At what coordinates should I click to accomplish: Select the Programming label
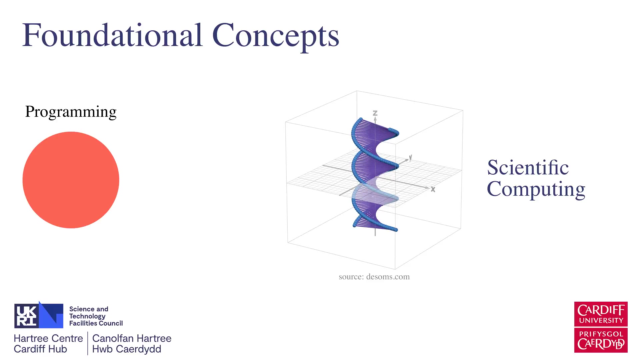71,112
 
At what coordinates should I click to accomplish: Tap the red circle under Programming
71,180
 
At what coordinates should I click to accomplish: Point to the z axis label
375,113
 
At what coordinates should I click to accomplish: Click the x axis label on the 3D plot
433,189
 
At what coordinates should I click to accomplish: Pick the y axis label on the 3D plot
411,157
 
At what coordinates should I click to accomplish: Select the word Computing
536,189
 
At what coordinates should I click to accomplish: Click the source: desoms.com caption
374,277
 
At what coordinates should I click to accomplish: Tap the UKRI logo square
39,315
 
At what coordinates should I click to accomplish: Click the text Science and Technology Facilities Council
96,316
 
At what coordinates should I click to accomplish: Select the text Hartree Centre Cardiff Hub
48,344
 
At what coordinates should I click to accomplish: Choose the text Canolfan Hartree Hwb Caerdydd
132,344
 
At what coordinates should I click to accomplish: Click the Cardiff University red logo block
601,314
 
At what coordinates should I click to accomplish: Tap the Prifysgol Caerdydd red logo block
601,340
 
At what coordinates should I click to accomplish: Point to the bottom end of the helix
395,229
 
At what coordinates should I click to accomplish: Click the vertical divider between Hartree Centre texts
88,343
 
